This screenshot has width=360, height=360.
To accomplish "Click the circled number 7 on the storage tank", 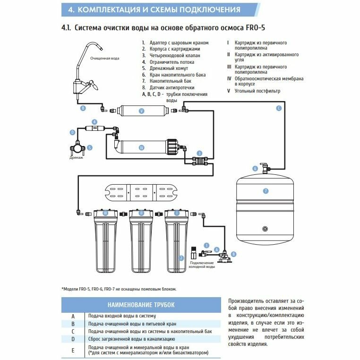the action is (x=266, y=190).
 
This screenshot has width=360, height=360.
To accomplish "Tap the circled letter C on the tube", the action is (x=279, y=108).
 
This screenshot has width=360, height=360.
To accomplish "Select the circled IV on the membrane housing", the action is (x=141, y=148).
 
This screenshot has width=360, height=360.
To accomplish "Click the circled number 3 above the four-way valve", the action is (x=200, y=154).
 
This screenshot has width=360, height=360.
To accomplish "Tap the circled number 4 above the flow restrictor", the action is (x=94, y=121).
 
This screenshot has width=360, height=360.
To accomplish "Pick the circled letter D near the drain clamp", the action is (x=72, y=133).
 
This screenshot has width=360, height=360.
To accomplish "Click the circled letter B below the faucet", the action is (x=83, y=108).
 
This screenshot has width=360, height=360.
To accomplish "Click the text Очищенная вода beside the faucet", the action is (x=105, y=58).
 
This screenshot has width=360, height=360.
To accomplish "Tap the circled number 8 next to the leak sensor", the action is (x=233, y=254).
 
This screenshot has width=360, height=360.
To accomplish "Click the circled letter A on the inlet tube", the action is (x=216, y=249).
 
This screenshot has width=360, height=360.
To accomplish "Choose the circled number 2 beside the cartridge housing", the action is (x=181, y=258).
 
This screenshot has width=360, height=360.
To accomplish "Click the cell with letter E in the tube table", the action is (x=73, y=350).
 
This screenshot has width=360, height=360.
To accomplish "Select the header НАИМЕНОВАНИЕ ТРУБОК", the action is (x=141, y=305).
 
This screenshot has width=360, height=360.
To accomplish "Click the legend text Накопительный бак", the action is (x=165, y=81).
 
